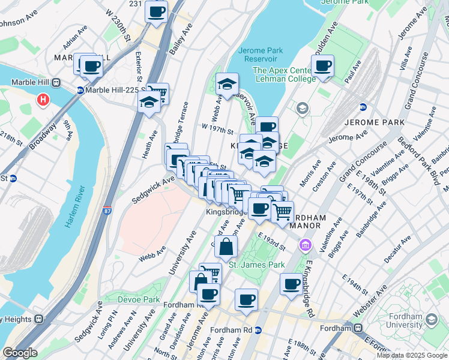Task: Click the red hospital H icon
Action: coord(43,100)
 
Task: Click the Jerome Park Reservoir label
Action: coord(260,55)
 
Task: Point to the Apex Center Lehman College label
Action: coord(285,74)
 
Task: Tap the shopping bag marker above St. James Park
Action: coord(226,247)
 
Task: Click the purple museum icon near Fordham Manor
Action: coord(306,245)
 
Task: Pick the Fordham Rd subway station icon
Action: coord(259,330)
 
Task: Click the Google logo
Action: coord(19,353)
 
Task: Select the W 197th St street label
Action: coord(217,130)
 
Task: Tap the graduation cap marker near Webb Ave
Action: coord(227,85)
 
